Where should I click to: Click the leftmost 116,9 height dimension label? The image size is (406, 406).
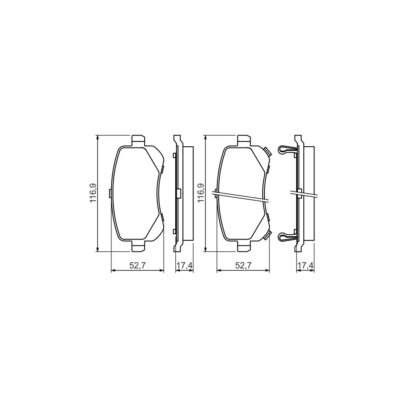click(93, 193)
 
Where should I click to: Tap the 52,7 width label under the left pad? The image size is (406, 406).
click(138, 266)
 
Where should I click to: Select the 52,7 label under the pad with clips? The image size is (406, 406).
click(243, 266)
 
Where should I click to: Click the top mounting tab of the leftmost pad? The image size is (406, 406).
click(138, 140)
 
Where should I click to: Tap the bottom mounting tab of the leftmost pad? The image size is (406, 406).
click(138, 247)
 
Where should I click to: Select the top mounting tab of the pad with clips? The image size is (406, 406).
click(243, 140)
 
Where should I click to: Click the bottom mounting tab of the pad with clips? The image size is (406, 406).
click(243, 247)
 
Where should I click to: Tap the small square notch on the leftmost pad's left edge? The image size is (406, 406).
click(110, 193)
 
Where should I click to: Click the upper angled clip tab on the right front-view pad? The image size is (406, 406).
click(267, 151)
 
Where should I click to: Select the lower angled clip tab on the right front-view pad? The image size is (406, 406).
click(267, 236)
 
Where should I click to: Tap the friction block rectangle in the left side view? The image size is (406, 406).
click(188, 193)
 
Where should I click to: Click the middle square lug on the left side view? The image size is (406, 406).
click(178, 193)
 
